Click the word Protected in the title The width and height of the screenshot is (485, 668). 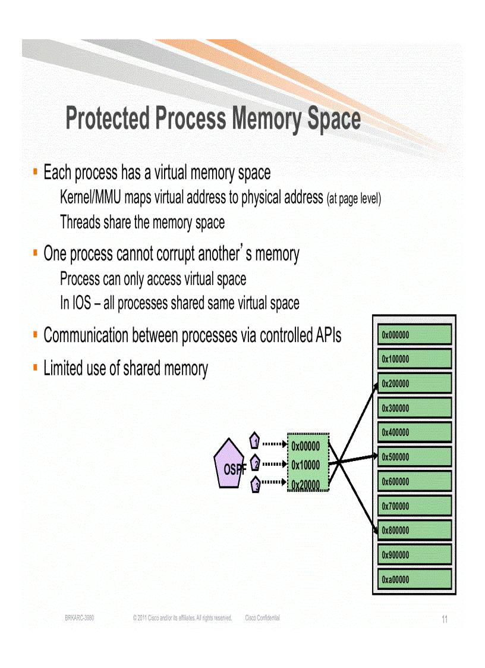point(108,118)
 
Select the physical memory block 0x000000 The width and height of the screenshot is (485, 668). point(414,334)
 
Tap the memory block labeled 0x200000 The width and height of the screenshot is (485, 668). point(414,384)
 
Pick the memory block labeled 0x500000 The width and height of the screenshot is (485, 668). point(414,457)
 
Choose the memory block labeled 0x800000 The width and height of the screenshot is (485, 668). point(414,530)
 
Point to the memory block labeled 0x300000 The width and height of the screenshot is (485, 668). point(414,408)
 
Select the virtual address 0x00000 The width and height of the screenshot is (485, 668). point(306,446)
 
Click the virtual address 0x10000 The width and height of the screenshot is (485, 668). point(306,465)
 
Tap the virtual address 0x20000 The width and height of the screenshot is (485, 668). point(306,485)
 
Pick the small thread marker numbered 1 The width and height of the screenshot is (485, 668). point(254,441)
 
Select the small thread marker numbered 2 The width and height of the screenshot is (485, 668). point(254,463)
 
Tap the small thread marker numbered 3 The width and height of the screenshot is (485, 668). point(256,485)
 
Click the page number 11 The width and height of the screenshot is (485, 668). point(444,620)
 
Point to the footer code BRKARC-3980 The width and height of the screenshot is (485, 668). point(79,618)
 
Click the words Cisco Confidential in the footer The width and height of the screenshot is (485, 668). point(262,618)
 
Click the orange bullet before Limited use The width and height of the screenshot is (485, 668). point(35,368)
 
